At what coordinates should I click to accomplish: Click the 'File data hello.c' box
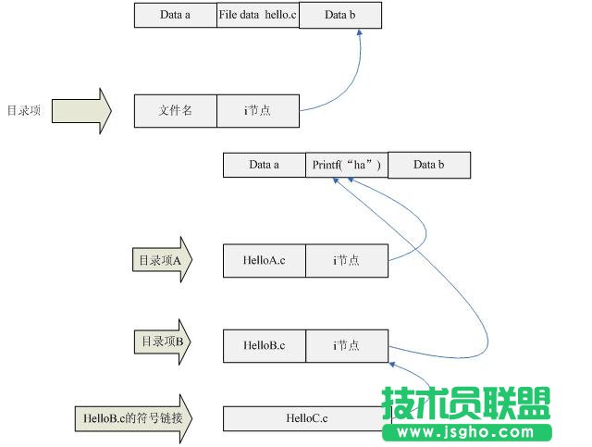click(258, 15)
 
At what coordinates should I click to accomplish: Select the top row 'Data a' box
click(175, 15)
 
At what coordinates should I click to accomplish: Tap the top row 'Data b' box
click(339, 15)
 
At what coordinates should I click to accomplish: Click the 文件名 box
click(175, 110)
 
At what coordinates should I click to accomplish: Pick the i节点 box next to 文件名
click(258, 110)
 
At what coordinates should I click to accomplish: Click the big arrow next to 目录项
click(81, 111)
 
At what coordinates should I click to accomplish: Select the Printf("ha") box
click(346, 165)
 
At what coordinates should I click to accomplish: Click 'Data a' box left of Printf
click(264, 165)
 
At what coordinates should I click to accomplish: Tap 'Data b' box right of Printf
click(428, 165)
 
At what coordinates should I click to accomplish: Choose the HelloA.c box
click(264, 261)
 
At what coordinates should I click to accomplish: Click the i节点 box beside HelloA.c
click(346, 261)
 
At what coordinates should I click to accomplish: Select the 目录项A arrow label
click(161, 261)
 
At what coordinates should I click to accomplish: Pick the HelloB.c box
click(264, 345)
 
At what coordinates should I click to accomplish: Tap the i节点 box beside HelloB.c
click(346, 345)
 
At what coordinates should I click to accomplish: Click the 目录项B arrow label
click(161, 342)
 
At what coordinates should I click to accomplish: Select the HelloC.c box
click(307, 418)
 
